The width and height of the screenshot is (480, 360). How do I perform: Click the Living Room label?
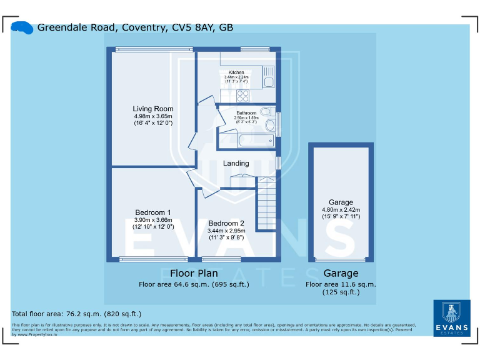click(153, 109)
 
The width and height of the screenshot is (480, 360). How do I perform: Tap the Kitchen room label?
click(236, 72)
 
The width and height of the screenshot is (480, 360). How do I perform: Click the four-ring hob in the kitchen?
click(242, 96)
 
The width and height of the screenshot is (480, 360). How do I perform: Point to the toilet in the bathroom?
click(267, 112)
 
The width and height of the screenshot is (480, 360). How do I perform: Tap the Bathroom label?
click(246, 113)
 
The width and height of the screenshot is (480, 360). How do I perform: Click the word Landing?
click(236, 163)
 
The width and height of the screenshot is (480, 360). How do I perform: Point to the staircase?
click(267, 204)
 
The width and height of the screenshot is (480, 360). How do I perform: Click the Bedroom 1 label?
click(153, 212)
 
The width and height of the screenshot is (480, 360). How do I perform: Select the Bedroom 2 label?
click(226, 223)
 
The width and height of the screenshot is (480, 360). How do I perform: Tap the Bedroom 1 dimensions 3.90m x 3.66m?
click(153, 220)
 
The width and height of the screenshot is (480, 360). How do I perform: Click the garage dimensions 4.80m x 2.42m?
click(341, 209)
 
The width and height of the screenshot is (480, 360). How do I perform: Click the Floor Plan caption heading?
click(194, 273)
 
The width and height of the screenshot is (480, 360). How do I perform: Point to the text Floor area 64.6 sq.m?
click(194, 284)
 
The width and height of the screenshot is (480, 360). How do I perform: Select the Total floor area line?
click(77, 314)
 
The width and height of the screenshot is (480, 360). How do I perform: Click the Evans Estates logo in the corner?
click(451, 318)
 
